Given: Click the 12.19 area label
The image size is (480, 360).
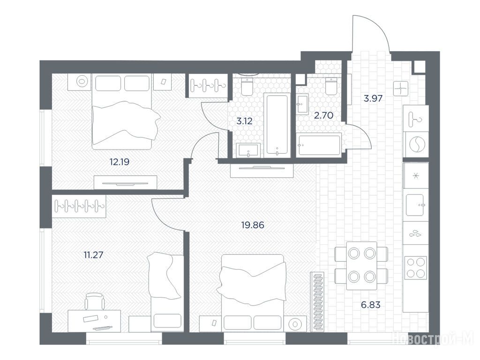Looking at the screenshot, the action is tap(120, 162).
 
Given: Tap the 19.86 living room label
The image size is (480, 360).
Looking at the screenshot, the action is tap(253, 225).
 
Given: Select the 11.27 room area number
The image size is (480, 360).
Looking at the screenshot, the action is tap(93, 255).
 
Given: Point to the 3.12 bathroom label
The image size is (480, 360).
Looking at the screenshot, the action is tap(244, 121).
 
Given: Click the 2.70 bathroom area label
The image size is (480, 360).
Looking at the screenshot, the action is tap(323, 115).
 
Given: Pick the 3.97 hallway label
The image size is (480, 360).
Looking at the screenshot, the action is tap(373, 98).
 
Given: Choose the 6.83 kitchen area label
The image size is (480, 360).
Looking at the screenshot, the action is tap(370, 305).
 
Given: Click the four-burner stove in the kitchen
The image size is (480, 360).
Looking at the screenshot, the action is tap(415, 268).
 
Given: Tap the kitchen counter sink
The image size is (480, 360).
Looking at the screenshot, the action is tap(415, 205).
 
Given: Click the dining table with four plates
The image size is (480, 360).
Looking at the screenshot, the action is tap(361, 266).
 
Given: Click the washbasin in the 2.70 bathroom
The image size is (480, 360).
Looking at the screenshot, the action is tap(302, 104).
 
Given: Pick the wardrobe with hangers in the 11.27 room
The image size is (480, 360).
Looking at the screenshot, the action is tap(79, 206).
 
